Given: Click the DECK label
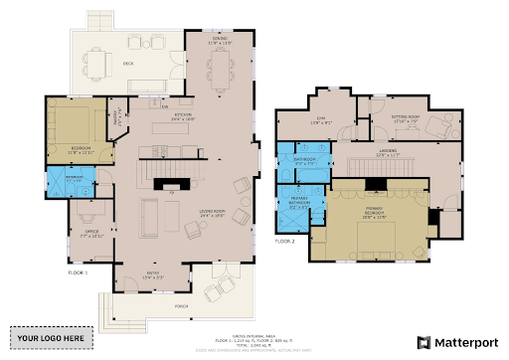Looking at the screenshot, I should pos(128,63).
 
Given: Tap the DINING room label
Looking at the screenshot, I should pos(218,42).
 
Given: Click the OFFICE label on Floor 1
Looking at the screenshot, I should pos(91,233).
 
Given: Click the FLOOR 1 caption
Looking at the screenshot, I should pos(77,271).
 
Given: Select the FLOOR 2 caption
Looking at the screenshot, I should pos(285,241).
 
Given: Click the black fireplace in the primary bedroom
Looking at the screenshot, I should pos(377,184).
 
